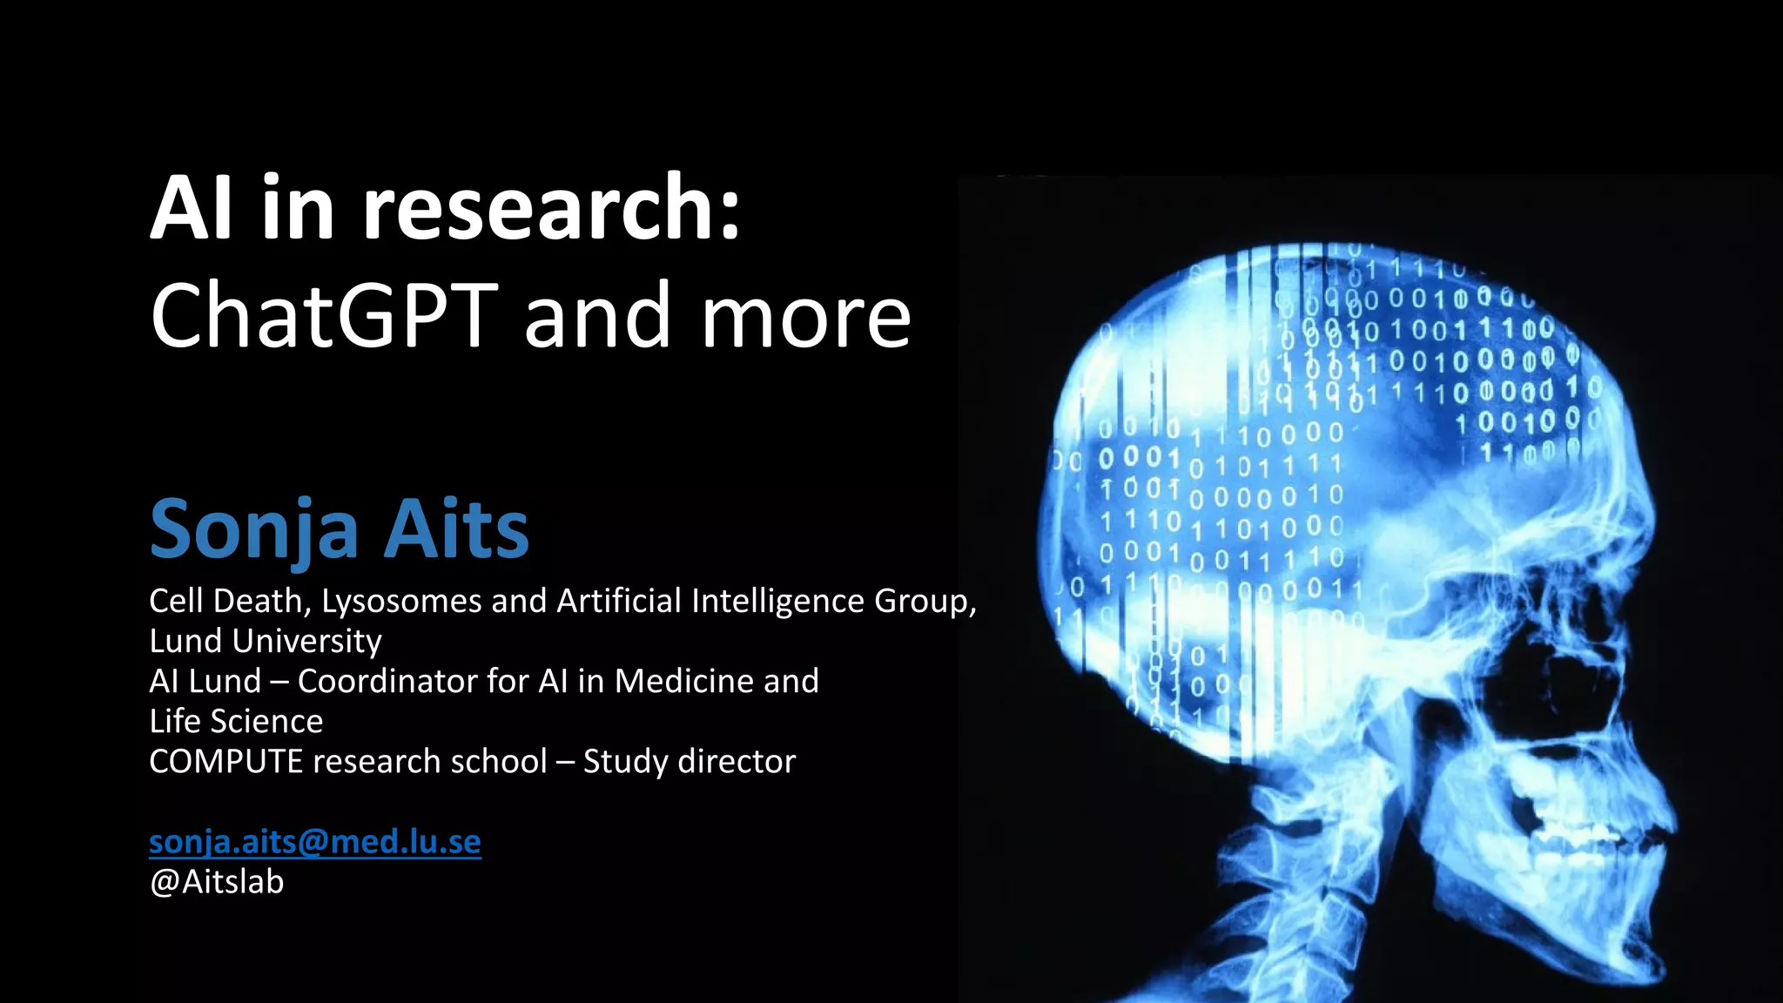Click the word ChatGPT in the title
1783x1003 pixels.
pos(324,315)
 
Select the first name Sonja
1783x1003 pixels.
pos(254,529)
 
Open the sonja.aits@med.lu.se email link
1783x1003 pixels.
pos(314,841)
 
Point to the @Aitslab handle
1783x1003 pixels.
pos(217,882)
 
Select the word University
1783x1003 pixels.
pos(308,641)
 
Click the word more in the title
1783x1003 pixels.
pos(806,315)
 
